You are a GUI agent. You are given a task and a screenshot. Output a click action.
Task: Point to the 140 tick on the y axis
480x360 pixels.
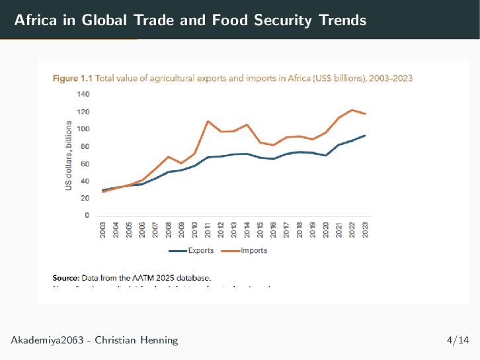click(83, 95)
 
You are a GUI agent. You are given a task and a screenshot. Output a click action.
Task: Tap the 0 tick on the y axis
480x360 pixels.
click(87, 216)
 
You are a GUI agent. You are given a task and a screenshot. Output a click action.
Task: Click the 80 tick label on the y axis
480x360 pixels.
click(85, 146)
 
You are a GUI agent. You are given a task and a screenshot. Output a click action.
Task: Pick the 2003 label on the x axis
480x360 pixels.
click(103, 230)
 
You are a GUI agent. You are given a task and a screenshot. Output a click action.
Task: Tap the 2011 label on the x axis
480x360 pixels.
click(208, 230)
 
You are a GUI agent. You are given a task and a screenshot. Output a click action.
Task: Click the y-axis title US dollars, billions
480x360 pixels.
click(68, 156)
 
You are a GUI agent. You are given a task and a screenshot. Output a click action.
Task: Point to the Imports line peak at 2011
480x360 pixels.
click(208, 121)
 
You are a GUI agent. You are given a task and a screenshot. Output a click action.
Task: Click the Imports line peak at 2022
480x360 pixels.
click(352, 110)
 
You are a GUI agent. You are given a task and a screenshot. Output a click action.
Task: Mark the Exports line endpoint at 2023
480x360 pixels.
click(364, 136)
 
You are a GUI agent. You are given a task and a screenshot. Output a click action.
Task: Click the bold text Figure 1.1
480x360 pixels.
click(73, 78)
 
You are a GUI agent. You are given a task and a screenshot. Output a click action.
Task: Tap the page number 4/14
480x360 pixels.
click(458, 340)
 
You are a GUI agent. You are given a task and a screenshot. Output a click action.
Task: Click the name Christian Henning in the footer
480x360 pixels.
click(136, 340)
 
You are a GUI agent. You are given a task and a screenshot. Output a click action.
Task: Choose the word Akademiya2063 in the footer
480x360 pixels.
click(48, 340)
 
